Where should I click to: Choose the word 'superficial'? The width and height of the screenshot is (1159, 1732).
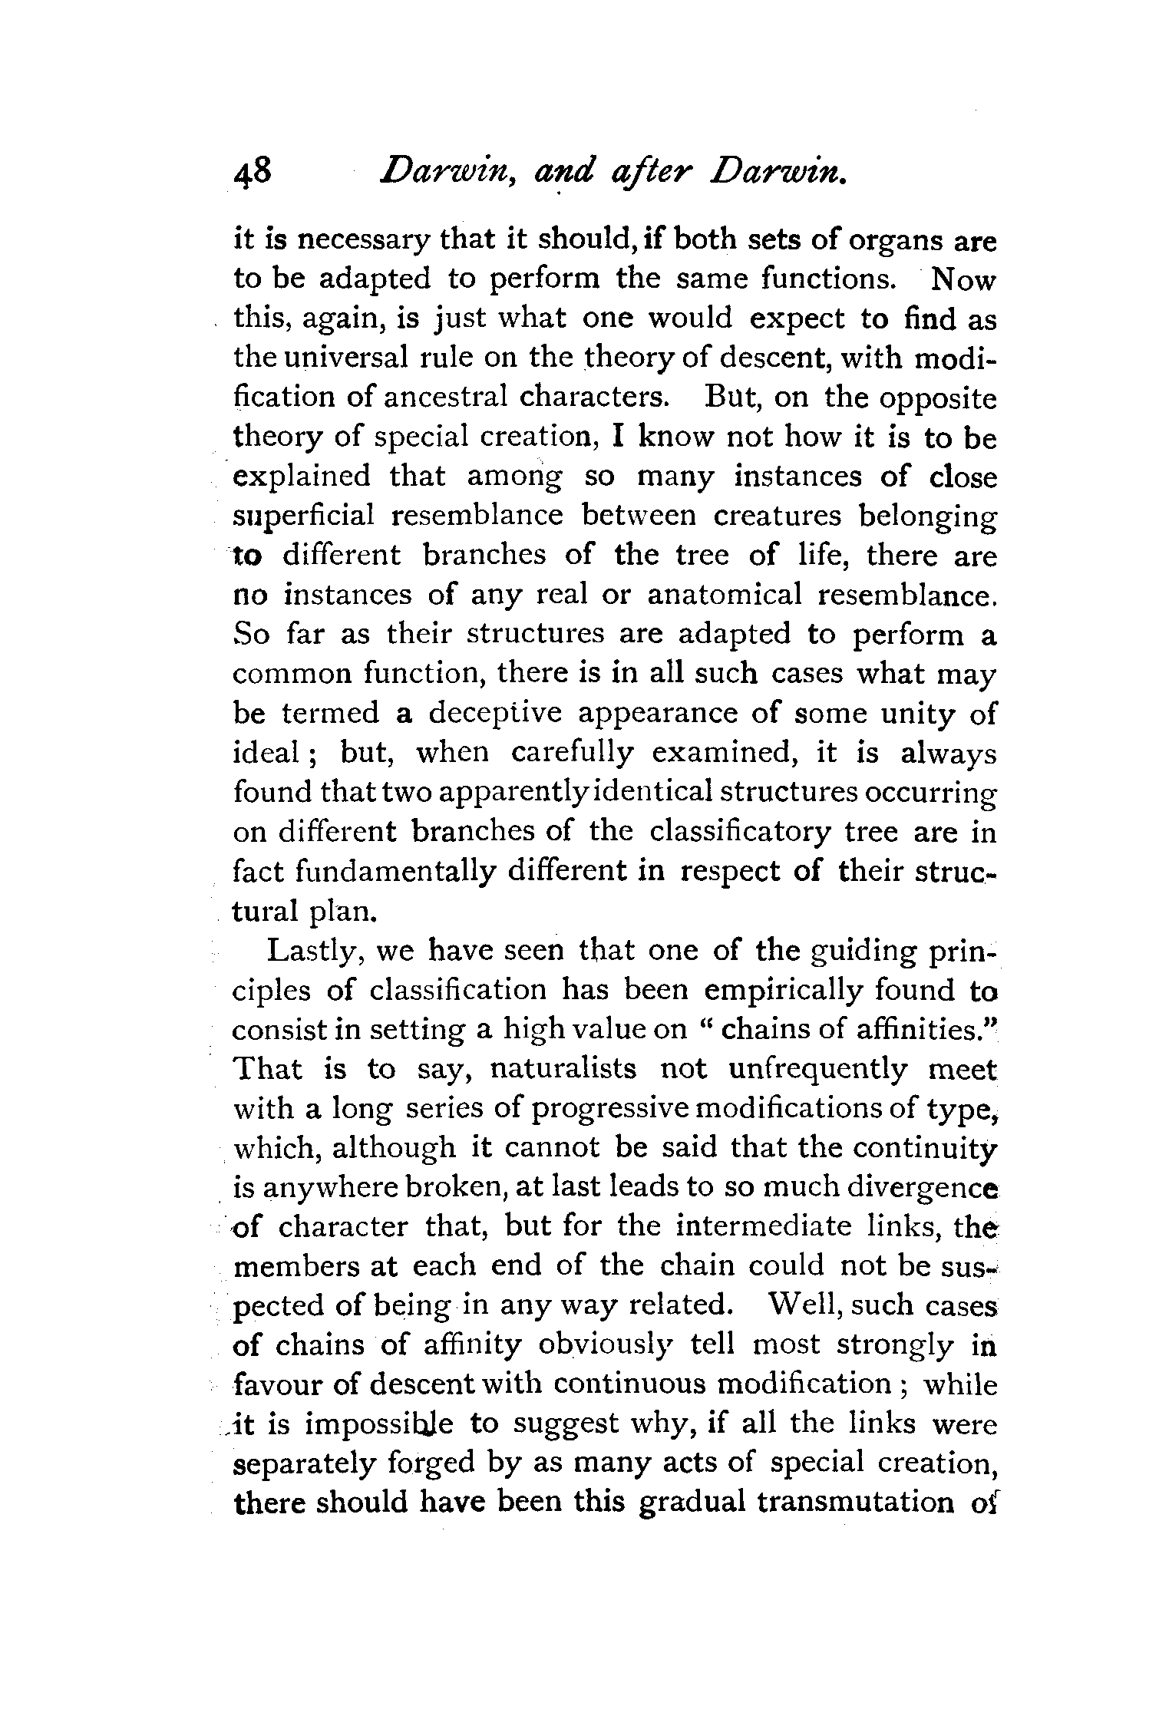[x=304, y=516]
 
